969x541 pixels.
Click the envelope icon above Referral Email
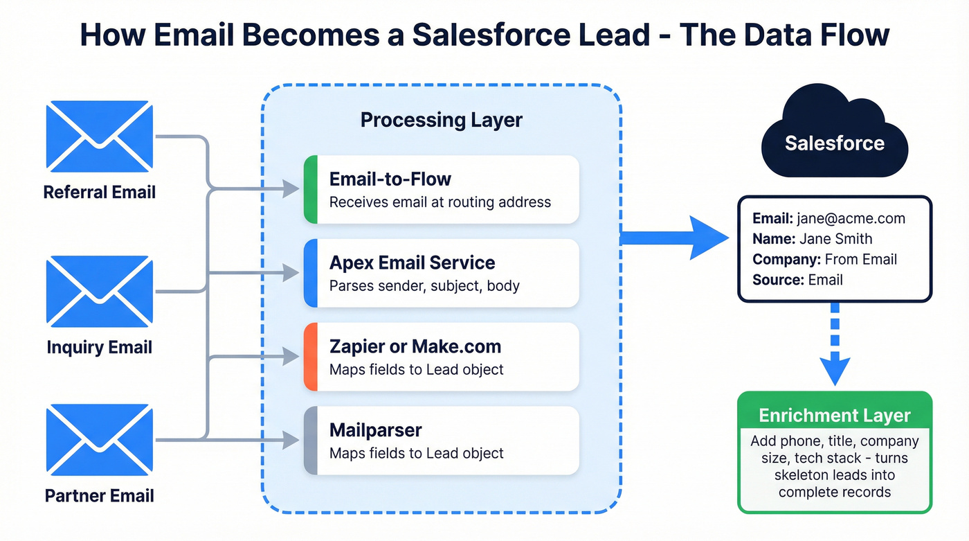click(99, 136)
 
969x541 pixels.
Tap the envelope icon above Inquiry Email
click(99, 292)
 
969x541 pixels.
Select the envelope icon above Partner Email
click(99, 441)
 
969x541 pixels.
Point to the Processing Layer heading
click(441, 120)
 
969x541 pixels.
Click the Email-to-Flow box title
click(390, 179)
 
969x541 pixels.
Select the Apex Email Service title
click(412, 263)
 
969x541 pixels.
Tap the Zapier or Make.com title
click(415, 346)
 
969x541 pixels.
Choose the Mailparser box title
click(374, 430)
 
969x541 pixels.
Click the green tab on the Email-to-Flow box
click(311, 189)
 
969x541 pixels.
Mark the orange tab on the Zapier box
click(311, 357)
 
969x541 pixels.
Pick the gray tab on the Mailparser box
click(311, 441)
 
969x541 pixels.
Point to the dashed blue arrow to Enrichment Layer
click(834, 346)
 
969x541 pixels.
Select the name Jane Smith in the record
click(835, 239)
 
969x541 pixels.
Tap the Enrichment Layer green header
click(834, 416)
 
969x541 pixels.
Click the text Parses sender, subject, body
click(424, 285)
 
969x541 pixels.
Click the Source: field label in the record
click(778, 280)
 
